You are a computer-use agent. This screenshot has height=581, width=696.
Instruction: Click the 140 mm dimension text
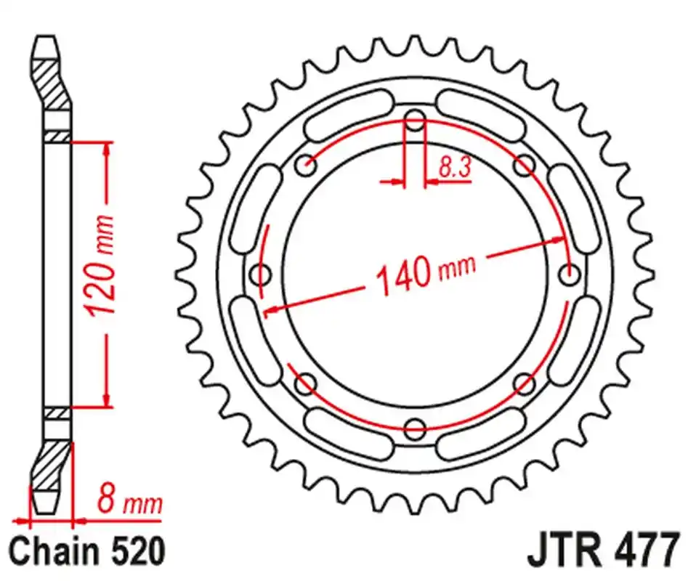(x=425, y=272)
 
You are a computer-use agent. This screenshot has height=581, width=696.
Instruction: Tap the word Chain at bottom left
(x=54, y=553)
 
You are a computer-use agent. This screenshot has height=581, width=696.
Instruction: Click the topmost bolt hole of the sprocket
(x=415, y=121)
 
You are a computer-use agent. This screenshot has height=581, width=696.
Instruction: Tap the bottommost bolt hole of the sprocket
(x=415, y=428)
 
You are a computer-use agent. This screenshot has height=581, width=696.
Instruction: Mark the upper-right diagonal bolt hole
(x=523, y=166)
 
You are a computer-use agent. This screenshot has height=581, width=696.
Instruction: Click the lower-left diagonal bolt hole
(x=306, y=383)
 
